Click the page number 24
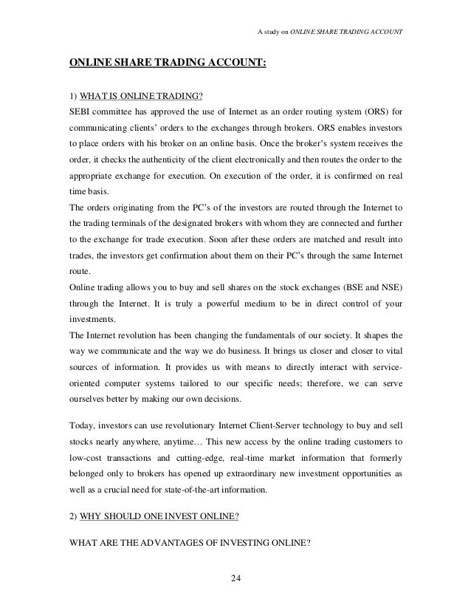pyautogui.click(x=235, y=577)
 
